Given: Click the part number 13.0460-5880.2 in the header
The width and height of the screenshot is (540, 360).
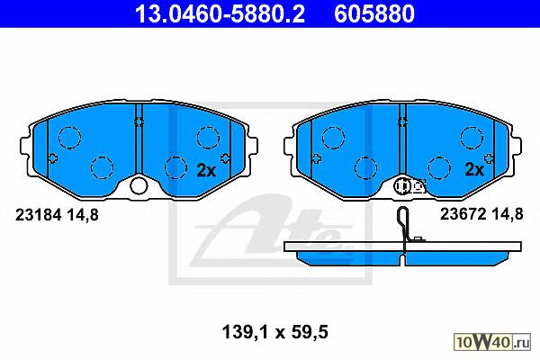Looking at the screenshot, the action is click(220, 13).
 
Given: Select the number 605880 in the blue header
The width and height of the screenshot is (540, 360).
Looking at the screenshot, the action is click(374, 13).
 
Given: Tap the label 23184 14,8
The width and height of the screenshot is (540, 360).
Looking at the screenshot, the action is click(57, 215).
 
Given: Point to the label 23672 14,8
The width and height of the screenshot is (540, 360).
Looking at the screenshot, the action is click(481, 214).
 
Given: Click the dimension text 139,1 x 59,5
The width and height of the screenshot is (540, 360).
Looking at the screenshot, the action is click(275, 332).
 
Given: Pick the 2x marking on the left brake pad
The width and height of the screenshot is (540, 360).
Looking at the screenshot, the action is click(206, 170).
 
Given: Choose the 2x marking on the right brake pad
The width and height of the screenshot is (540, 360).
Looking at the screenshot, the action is click(474, 169).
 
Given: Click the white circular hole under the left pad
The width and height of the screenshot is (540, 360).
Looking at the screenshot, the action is click(139, 186).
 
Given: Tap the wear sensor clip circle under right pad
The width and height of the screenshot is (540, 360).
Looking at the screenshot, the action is click(401, 186).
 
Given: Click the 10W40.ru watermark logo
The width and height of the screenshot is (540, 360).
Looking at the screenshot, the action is click(492, 342).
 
